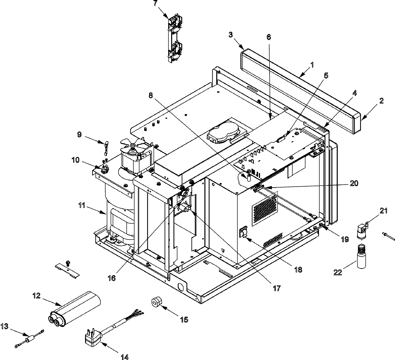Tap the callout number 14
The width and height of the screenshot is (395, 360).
tap(125, 356)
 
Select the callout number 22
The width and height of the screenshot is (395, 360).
tap(337, 272)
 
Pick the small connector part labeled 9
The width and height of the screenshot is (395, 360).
tap(106, 145)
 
